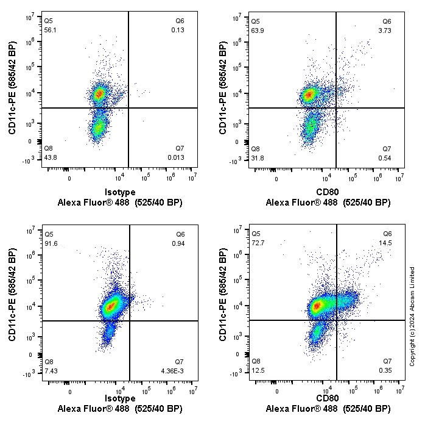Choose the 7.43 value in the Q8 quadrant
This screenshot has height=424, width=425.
pos(51,370)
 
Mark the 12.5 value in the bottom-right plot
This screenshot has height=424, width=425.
pos(258,370)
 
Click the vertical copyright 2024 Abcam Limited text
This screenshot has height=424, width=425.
pos(412,316)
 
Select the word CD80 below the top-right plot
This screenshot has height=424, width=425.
pos(328,192)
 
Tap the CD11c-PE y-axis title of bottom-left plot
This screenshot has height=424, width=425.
pos(12,295)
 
